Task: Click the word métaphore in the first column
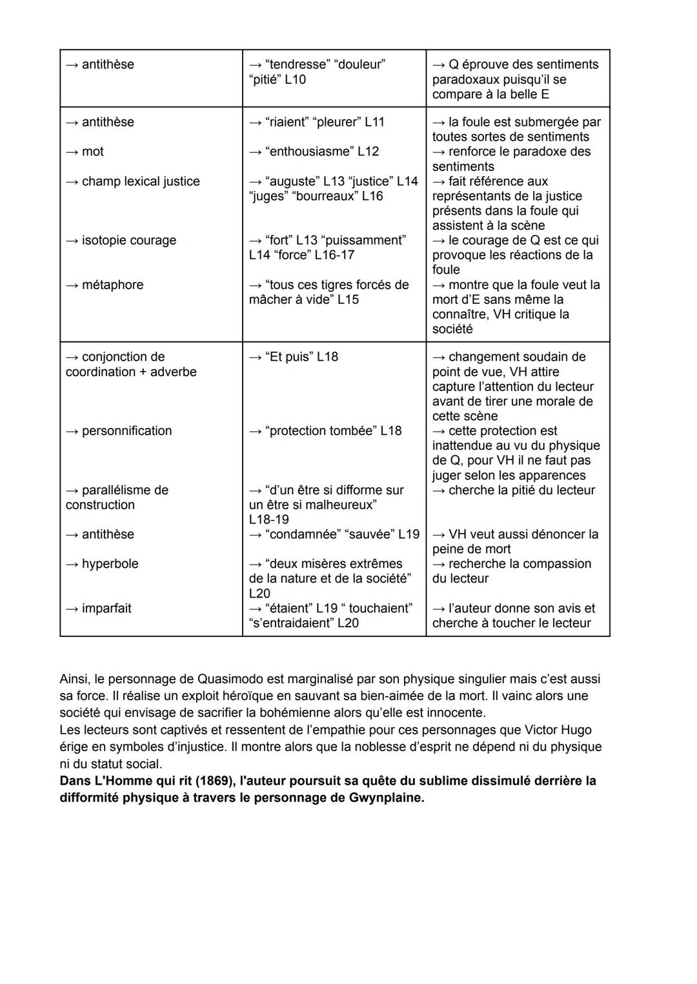pyautogui.click(x=112, y=285)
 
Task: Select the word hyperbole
pyautogui.click(x=110, y=563)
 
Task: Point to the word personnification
pyautogui.click(x=126, y=430)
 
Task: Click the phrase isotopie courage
pyautogui.click(x=128, y=240)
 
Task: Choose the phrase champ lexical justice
pyautogui.click(x=140, y=181)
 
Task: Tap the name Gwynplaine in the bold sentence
pyautogui.click(x=385, y=798)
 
